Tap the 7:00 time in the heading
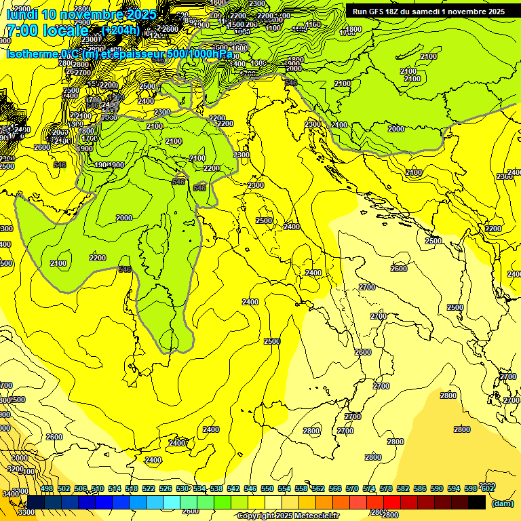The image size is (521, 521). [x=21, y=31]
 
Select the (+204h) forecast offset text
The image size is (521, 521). [x=120, y=31]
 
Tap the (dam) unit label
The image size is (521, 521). [x=503, y=503]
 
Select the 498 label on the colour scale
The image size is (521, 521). [x=47, y=489]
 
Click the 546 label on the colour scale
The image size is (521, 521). [x=250, y=489]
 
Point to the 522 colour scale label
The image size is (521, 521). [x=149, y=489]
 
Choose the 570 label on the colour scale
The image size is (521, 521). [x=352, y=489]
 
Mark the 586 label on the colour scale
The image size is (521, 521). [x=420, y=489]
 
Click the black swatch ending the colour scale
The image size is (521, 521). [x=477, y=502]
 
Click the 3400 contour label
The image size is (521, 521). [x=10, y=495]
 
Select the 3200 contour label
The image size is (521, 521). [x=15, y=469]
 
